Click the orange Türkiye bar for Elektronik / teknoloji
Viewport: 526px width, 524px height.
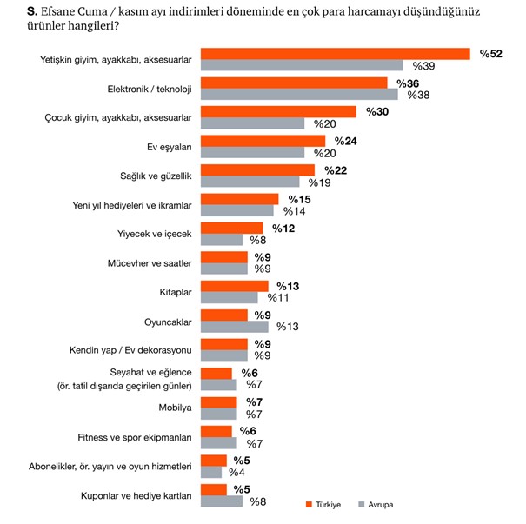[294, 83]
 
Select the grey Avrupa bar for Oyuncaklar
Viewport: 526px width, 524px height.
[235, 327]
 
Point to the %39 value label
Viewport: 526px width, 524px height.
[423, 65]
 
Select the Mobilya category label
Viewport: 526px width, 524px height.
[173, 408]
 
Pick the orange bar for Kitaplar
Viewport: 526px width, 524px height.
[235, 286]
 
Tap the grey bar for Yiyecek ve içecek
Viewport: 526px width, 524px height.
[222, 239]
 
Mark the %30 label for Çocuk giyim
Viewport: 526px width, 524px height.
[376, 112]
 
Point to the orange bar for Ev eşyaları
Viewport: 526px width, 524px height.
[263, 141]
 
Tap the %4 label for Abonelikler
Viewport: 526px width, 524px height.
[236, 472]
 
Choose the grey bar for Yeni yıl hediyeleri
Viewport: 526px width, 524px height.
[237, 210]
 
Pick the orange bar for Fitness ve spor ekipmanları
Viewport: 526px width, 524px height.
[216, 432]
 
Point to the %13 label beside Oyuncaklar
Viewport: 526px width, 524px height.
[288, 327]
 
